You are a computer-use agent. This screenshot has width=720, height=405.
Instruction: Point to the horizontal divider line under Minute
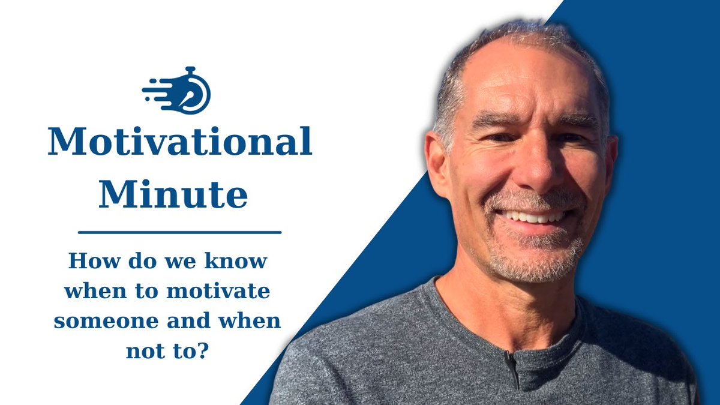(x=179, y=232)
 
